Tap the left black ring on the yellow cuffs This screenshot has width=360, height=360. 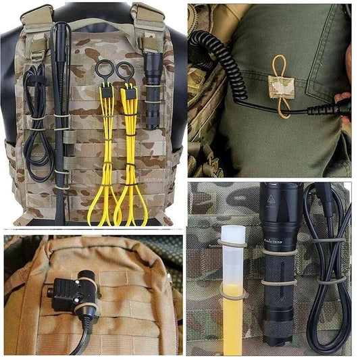click(105, 70)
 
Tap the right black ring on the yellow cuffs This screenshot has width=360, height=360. click(125, 70)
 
